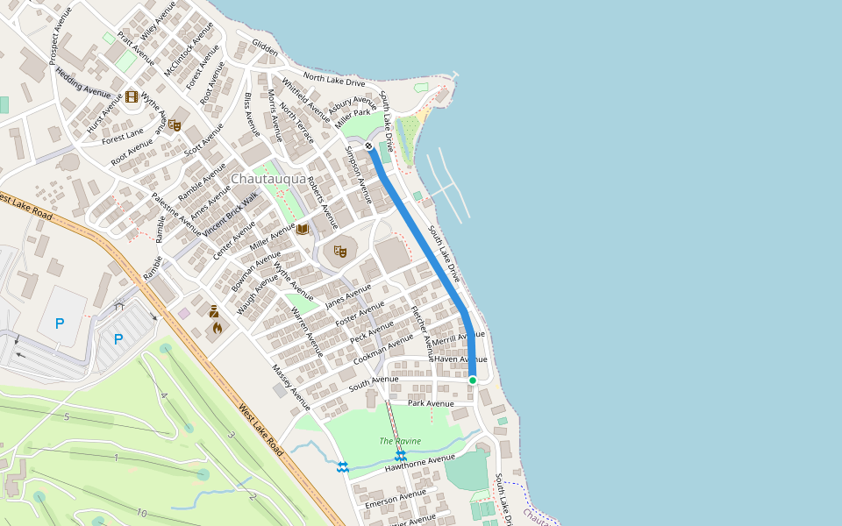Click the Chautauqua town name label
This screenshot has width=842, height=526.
(x=268, y=179)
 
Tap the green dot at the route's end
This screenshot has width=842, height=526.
(x=472, y=380)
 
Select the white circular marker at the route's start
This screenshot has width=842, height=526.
(x=369, y=146)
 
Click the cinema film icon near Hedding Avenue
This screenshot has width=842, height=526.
(x=132, y=96)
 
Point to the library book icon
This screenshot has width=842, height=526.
(x=303, y=230)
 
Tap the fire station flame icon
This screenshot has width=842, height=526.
(x=217, y=328)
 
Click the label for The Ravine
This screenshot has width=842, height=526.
(x=400, y=441)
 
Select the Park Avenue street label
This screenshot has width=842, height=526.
(x=431, y=403)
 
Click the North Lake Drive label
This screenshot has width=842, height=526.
(x=333, y=81)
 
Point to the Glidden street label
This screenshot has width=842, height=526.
(x=265, y=49)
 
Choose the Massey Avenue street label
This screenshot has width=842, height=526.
(x=290, y=387)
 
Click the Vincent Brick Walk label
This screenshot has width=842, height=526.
(x=231, y=216)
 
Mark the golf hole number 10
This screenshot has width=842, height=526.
(x=141, y=513)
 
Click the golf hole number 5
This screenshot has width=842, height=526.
(x=66, y=416)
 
